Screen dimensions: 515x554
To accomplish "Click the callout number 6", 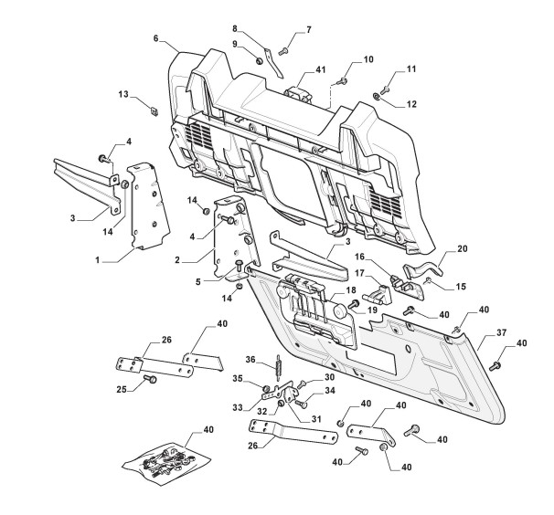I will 156,39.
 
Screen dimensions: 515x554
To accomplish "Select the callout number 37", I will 501,333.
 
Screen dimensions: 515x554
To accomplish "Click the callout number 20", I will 462,248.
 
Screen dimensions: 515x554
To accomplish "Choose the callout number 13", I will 123,94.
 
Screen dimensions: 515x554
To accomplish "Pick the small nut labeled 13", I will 153,110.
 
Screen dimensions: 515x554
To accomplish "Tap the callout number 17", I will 361,272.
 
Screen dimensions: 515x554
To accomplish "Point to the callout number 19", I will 372,310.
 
